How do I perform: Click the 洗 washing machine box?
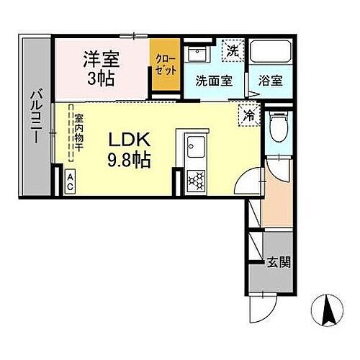(232, 50)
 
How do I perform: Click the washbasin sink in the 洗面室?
(197, 55)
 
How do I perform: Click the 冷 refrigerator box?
(248, 114)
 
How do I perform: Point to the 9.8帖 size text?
(130, 159)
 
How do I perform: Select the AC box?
(71, 180)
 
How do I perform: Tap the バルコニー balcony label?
(34, 115)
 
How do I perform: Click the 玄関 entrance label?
(281, 262)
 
